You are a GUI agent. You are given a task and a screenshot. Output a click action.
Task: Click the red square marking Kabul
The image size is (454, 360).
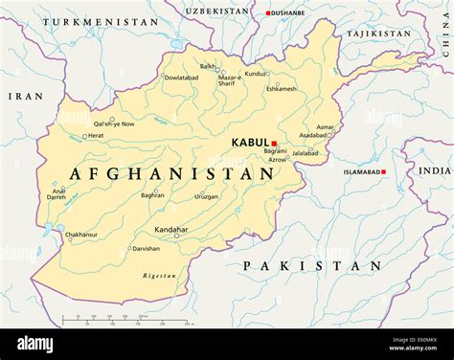(x=274, y=144)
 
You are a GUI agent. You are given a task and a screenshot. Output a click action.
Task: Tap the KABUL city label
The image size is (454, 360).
(x=250, y=143)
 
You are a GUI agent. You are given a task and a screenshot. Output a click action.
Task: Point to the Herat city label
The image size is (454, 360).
(x=96, y=136)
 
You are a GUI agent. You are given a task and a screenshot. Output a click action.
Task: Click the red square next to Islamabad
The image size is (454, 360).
(x=383, y=172)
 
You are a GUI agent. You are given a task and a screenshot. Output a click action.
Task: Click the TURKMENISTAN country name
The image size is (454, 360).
(x=101, y=21)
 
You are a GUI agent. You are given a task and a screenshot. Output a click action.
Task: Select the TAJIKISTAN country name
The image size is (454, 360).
(x=378, y=34)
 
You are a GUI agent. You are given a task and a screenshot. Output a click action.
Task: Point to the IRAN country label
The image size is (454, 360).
(x=26, y=97)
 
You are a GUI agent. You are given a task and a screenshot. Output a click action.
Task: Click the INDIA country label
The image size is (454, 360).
(x=434, y=170)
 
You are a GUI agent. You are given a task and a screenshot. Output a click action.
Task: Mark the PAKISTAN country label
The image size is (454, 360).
(x=312, y=265)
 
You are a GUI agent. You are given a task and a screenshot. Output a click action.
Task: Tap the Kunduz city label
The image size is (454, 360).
(x=256, y=74)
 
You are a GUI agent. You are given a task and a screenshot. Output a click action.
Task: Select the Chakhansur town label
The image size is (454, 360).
(x=80, y=234)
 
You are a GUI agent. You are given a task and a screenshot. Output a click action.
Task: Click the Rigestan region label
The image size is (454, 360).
(x=159, y=276)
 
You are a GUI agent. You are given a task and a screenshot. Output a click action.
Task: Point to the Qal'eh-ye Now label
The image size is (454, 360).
(x=113, y=124)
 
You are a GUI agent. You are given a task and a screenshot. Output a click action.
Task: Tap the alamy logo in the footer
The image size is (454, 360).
(x=35, y=344)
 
